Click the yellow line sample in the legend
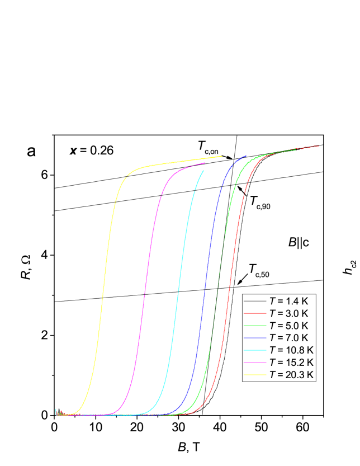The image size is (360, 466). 255,375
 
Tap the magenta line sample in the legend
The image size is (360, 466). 255,363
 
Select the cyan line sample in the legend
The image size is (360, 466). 255,350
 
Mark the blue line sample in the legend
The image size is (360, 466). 255,338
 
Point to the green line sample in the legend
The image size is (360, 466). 255,326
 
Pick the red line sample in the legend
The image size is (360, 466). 255,313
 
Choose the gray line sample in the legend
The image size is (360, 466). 255,301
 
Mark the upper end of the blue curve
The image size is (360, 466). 246,156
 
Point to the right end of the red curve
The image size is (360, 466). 319,146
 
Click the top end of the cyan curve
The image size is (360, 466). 204,171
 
